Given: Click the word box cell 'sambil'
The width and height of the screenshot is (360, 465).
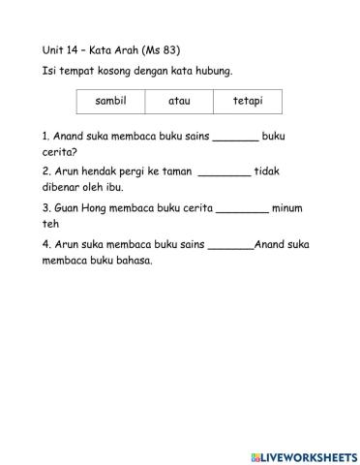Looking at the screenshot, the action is (x=110, y=101).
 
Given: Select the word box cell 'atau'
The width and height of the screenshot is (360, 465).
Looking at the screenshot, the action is (x=179, y=101).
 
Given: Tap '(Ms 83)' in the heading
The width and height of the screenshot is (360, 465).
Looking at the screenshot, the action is (x=161, y=48).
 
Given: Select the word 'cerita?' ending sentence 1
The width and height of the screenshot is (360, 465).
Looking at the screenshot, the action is (x=61, y=152).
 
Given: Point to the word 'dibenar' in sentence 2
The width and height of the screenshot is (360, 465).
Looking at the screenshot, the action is (x=64, y=187).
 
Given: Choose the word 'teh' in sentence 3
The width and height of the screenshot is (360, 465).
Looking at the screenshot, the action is (x=50, y=223).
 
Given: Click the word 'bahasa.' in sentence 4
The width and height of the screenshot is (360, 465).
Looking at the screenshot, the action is (x=133, y=261).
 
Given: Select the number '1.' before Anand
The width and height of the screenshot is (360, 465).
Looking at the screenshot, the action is (x=46, y=137).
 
